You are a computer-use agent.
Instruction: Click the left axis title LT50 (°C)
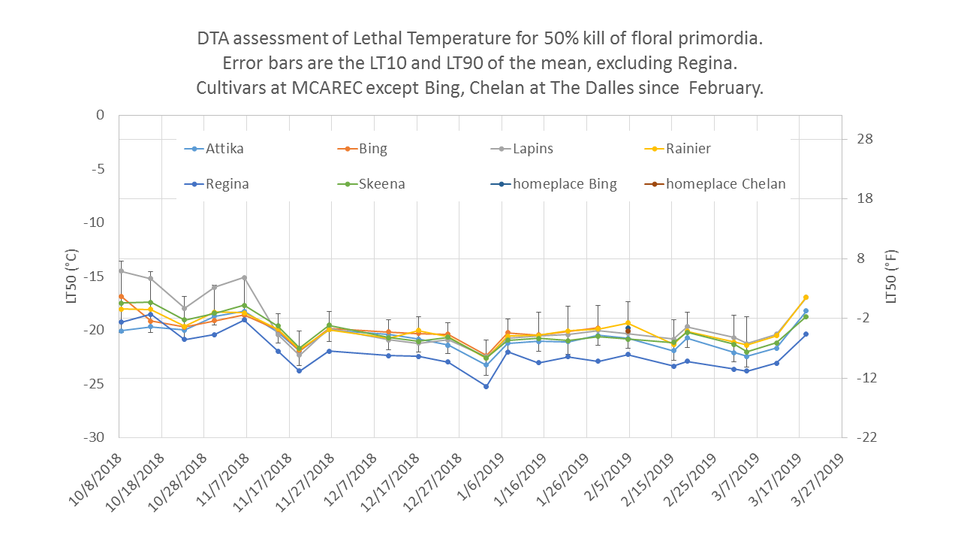tap(72, 276)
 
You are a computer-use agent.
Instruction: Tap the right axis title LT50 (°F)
tap(892, 276)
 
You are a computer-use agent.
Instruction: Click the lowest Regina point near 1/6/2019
tap(486, 386)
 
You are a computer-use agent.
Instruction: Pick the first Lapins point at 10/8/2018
tap(121, 271)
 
